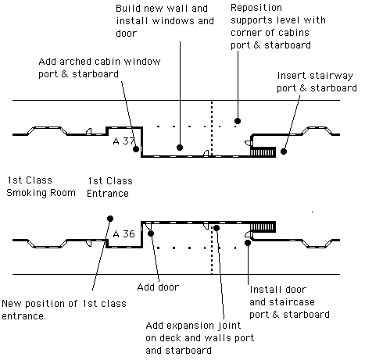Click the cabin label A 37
[123, 141]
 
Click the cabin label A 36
[123, 234]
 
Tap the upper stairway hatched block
[263, 152]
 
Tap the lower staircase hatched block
[263, 226]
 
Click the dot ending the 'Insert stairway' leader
[284, 151]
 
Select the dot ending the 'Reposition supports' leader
[238, 121]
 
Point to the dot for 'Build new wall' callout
[180, 148]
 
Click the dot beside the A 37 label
[136, 149]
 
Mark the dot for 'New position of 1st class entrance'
[110, 219]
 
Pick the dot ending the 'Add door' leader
[151, 233]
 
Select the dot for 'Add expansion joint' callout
[216, 228]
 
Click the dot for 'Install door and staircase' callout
[248, 243]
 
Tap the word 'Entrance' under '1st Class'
[108, 194]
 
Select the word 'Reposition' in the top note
[256, 8]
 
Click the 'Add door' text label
[158, 287]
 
